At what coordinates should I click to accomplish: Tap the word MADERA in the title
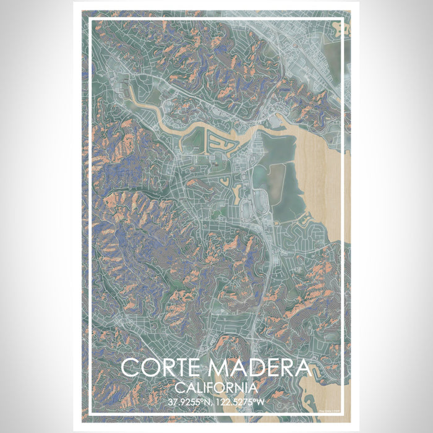[260, 368]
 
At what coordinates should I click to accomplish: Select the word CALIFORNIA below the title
[216, 388]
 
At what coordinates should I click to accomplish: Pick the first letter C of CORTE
[130, 368]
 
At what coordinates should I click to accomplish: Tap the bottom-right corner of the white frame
[342, 414]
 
